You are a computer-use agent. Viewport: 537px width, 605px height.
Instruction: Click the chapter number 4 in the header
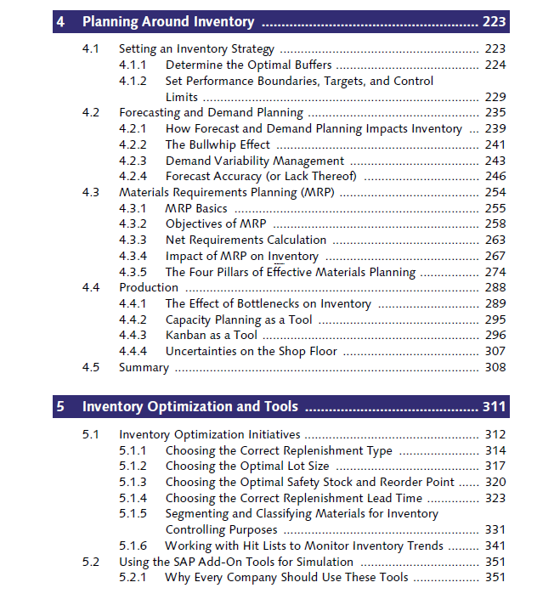click(x=60, y=21)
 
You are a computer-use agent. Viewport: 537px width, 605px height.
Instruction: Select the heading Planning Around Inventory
click(x=167, y=21)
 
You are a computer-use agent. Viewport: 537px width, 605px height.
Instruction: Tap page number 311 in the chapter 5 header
click(x=494, y=406)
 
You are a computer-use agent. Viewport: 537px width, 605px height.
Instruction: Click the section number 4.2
click(x=91, y=112)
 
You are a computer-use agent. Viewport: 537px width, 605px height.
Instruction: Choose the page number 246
click(x=494, y=176)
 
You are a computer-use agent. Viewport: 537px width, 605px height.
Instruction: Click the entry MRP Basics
click(x=196, y=208)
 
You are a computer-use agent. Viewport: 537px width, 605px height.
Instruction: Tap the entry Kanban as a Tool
click(x=211, y=336)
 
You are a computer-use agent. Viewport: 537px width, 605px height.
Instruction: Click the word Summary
click(x=144, y=368)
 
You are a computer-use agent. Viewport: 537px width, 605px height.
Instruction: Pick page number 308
click(x=494, y=368)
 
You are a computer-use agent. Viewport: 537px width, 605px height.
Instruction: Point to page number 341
click(x=494, y=546)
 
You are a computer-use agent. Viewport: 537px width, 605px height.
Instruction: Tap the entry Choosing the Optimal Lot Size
click(x=247, y=466)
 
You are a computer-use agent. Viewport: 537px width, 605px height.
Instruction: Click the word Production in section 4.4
click(x=149, y=288)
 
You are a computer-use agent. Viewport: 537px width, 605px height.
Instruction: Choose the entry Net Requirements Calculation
click(x=246, y=240)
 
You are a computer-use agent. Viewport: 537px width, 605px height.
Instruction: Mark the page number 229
click(x=494, y=97)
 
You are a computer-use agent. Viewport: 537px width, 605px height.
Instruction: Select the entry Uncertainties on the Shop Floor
click(x=251, y=352)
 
